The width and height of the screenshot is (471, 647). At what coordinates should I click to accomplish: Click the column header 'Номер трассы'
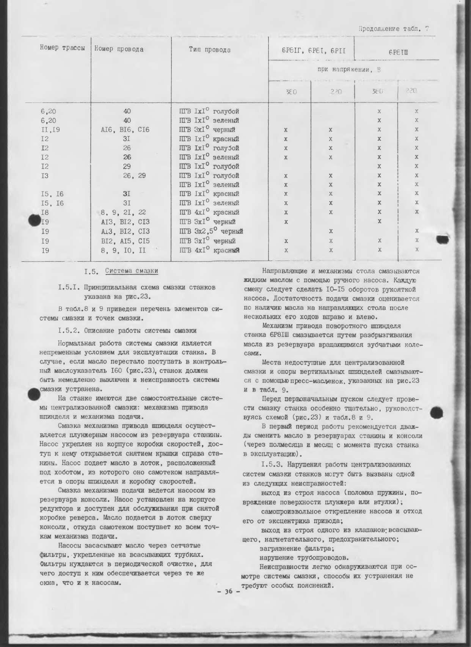click(62, 48)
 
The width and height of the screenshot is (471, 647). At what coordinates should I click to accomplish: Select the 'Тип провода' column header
click(210, 50)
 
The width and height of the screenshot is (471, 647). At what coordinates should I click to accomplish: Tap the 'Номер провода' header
click(119, 49)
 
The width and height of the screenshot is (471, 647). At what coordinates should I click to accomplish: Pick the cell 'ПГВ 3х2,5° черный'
click(211, 231)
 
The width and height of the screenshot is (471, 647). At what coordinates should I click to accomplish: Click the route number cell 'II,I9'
click(50, 130)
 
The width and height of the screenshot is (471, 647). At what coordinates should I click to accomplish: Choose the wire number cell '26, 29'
click(134, 175)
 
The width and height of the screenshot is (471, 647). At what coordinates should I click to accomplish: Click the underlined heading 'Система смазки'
click(131, 271)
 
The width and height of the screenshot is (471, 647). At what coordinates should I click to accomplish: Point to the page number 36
click(228, 592)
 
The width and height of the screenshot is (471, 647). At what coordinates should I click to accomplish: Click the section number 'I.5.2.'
click(69, 331)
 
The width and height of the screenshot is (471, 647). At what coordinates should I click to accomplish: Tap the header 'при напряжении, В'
click(349, 70)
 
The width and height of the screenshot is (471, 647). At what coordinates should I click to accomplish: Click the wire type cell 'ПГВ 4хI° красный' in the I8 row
click(209, 212)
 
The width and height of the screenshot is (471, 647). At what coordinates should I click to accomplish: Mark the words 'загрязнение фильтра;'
click(297, 548)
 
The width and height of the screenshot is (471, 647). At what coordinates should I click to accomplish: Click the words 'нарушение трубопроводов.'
click(304, 558)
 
